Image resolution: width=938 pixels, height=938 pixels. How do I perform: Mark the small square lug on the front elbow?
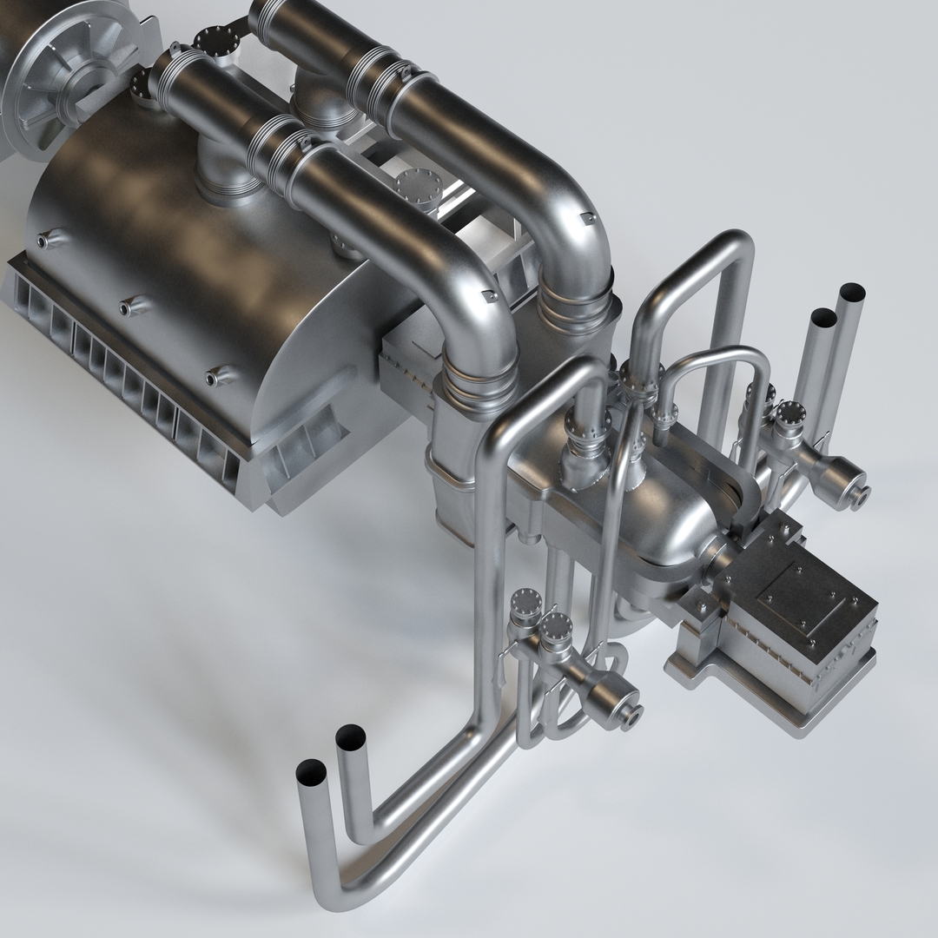pyautogui.click(x=488, y=298)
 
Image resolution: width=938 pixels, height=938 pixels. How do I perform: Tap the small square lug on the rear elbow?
pyautogui.click(x=588, y=216)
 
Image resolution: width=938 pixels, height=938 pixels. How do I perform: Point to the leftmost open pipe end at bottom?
pyautogui.click(x=310, y=770)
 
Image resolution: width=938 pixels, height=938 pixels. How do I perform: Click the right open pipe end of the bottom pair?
pyautogui.click(x=351, y=737)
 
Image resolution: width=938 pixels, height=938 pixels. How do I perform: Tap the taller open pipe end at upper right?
pyautogui.click(x=852, y=292)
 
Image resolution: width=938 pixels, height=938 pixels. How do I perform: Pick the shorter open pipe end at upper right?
pyautogui.click(x=824, y=318)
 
